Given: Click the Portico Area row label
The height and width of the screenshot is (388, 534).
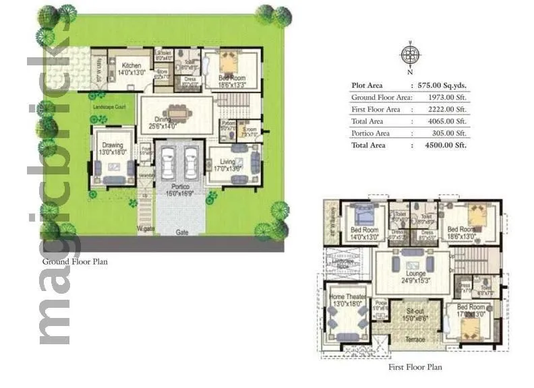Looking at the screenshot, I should (370, 133).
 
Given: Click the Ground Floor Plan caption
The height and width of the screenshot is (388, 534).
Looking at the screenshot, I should (75, 261).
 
